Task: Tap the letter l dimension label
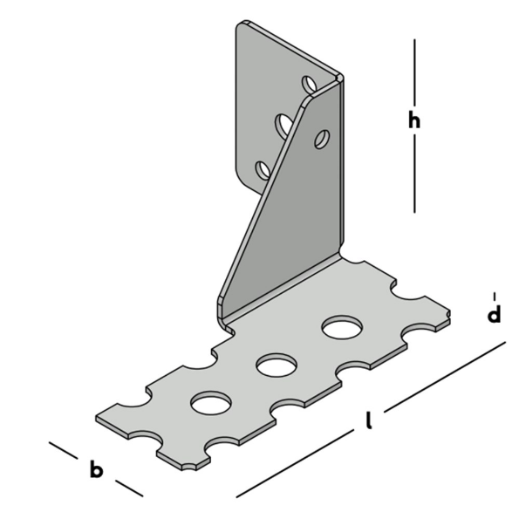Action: [369, 423]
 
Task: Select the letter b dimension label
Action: [97, 470]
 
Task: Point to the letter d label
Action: [494, 315]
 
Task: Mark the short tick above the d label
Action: [495, 295]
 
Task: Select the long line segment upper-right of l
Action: [445, 374]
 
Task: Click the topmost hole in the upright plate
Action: [309, 85]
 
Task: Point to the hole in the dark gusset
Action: [322, 138]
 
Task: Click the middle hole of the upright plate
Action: [283, 126]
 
